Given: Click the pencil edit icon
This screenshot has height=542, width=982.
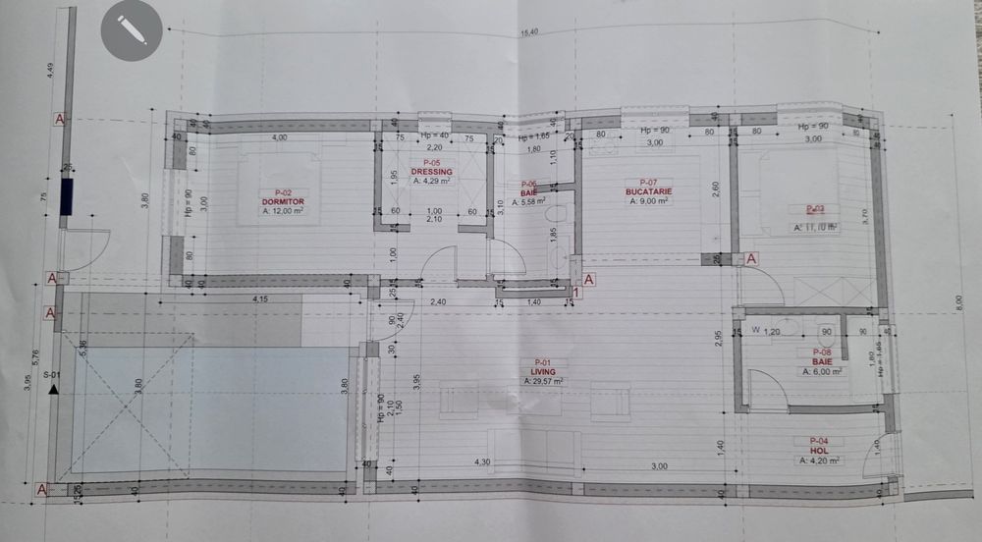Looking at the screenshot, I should [x=131, y=30].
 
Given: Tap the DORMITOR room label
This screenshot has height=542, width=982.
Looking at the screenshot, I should [x=285, y=201].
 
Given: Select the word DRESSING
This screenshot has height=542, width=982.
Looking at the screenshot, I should [x=431, y=171].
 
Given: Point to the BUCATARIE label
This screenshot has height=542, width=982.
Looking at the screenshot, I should [x=647, y=191].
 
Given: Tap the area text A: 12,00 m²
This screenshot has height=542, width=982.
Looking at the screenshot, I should [x=284, y=210].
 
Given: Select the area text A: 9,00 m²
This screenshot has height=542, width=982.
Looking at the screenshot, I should [x=648, y=200].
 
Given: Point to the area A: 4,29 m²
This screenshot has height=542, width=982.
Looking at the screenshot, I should [x=431, y=180].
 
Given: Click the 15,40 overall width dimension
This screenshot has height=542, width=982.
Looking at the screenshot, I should [x=529, y=32].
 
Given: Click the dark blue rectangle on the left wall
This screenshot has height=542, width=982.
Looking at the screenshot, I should [x=66, y=195].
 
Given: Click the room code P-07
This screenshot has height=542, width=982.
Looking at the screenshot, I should [x=647, y=183].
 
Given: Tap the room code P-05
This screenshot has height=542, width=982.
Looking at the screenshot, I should [x=431, y=162].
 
